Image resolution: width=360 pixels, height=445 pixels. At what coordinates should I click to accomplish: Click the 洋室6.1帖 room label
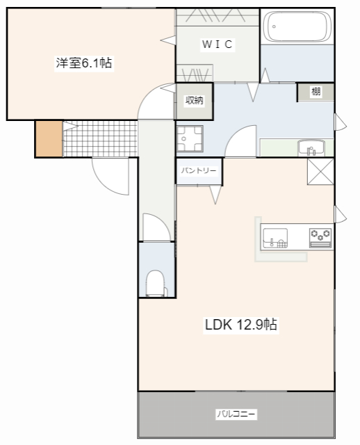pos(84,63)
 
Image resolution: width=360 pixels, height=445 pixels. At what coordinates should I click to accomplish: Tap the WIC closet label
pos(218,44)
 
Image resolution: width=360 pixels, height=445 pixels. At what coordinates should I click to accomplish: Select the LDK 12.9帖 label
pos(241,325)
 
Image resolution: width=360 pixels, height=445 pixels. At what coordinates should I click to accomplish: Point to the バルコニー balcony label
pos(236,414)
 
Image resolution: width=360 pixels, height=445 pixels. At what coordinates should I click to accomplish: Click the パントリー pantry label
pos(199,170)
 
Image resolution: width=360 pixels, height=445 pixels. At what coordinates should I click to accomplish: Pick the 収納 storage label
pos(195,100)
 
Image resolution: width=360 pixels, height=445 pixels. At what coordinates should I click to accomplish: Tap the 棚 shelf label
pos(316,91)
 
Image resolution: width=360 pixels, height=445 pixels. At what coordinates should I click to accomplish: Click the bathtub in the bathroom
pos(297,26)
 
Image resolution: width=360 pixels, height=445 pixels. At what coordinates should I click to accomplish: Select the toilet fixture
pos(156,283)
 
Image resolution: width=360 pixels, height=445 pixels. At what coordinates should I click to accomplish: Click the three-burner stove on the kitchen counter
pos(320,238)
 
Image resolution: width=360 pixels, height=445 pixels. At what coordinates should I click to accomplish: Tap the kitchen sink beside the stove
pos(275,238)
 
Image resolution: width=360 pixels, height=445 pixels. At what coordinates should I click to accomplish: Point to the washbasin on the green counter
pos(311,147)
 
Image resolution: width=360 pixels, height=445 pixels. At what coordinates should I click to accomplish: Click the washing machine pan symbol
pos(190,139)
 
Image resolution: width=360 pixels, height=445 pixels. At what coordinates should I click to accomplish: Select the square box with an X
pos(320,172)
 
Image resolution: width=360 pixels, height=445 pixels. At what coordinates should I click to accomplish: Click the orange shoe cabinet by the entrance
pos(49,139)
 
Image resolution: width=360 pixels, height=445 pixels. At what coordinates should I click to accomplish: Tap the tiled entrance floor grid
pos(100,139)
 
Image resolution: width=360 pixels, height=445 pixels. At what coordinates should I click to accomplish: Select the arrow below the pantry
pos(215,195)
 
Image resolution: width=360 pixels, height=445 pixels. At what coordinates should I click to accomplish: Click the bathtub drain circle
pos(274,26)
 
